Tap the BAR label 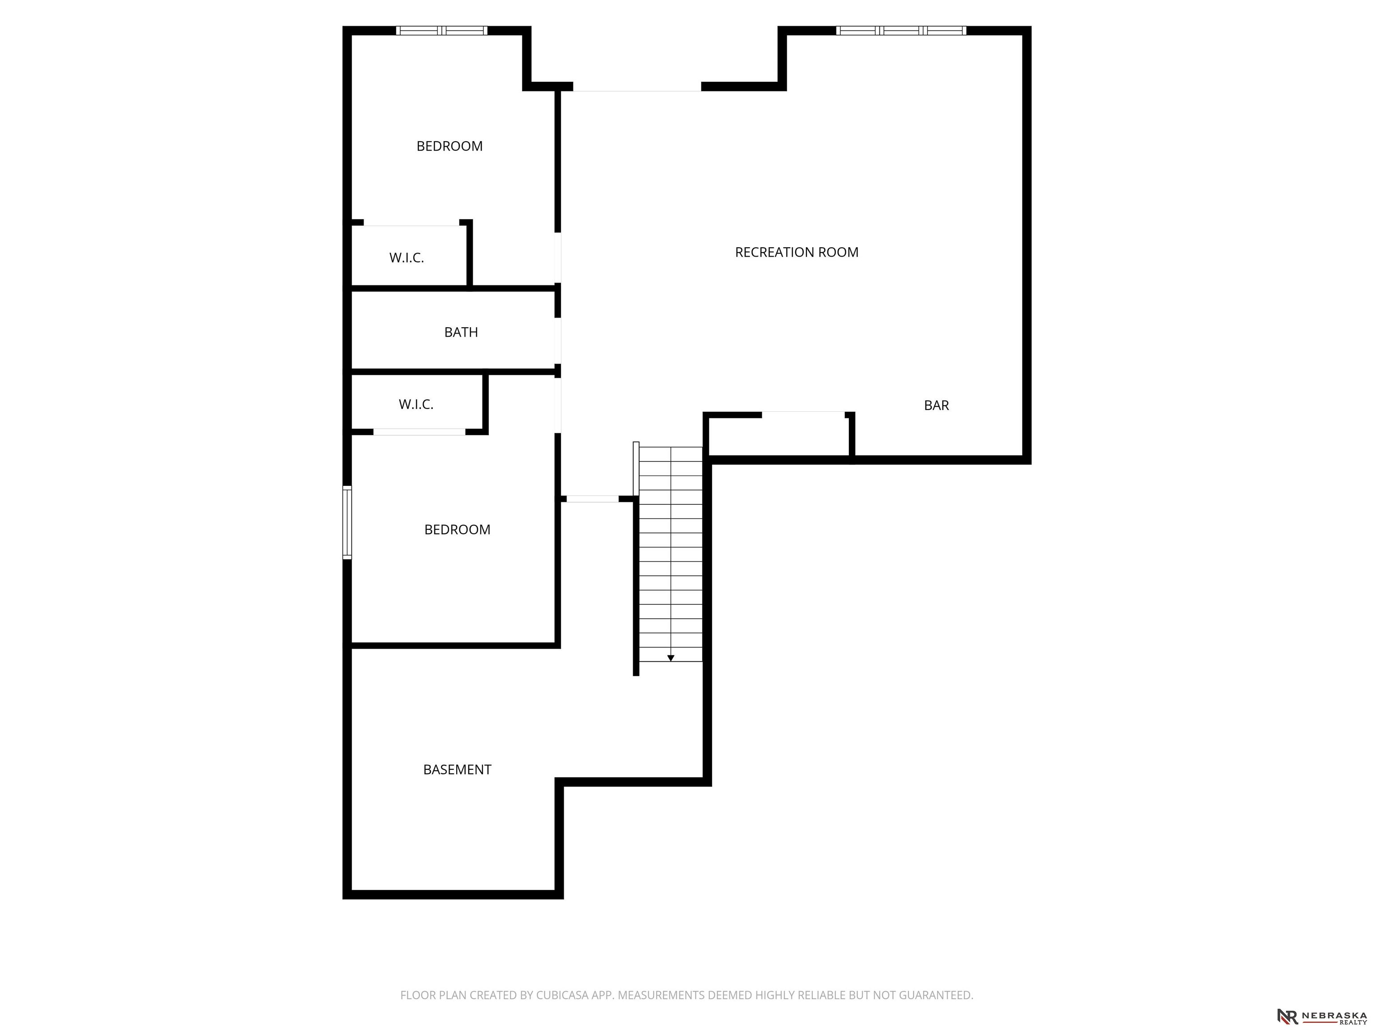tap(936, 405)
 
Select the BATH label tap(461, 332)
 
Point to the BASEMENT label tap(457, 770)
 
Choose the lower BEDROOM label tap(457, 530)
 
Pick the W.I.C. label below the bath tap(416, 405)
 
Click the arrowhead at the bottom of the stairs tap(671, 658)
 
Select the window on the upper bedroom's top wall tap(441, 30)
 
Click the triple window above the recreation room tap(901, 30)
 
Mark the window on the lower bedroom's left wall tap(347, 523)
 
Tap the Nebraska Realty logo tap(1322, 1016)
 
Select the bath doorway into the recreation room tap(558, 341)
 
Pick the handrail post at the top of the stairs tap(636, 468)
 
